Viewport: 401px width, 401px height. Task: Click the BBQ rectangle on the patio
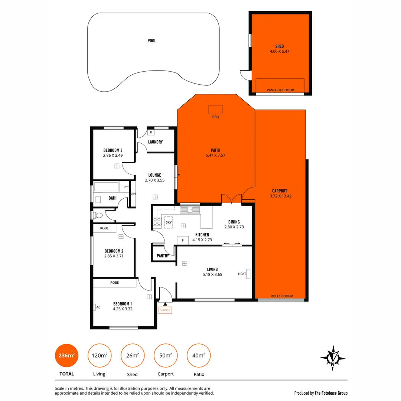[x=215, y=110]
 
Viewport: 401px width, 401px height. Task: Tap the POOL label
[x=151, y=41]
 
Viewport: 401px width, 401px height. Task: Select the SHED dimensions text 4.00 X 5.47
[x=280, y=51]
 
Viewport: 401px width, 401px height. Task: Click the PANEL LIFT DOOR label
[x=280, y=90]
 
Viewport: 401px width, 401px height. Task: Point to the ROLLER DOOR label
[x=281, y=296]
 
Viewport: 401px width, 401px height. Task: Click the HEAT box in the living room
[x=248, y=274]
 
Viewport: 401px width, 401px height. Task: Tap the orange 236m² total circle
[x=66, y=356]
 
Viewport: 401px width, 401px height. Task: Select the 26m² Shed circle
[x=133, y=356]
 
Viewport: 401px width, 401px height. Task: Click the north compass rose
[x=333, y=358]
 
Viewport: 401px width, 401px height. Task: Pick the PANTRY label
[x=163, y=256]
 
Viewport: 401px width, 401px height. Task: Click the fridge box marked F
[x=182, y=241]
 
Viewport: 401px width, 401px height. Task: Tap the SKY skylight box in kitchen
[x=169, y=222]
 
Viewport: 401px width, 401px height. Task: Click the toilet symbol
[x=98, y=215]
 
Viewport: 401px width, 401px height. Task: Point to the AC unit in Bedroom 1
[x=95, y=307]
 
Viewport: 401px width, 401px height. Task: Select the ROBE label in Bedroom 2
[x=104, y=228]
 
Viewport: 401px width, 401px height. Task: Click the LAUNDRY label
[x=155, y=142]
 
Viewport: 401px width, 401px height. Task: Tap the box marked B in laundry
[x=151, y=132]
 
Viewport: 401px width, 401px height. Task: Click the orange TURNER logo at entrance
[x=165, y=310]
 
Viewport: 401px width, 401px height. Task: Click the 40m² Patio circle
[x=199, y=356]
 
